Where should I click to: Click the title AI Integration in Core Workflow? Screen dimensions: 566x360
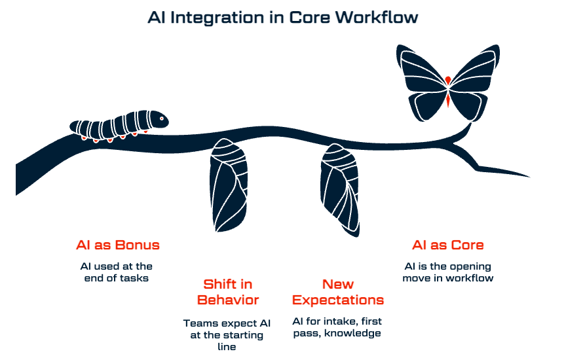(282, 18)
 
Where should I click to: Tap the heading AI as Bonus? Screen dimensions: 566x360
(118, 245)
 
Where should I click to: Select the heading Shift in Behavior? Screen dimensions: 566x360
(228, 293)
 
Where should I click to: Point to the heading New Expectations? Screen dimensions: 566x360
(338, 293)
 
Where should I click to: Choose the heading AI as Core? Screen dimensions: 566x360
(448, 245)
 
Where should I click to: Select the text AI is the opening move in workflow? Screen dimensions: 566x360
(448, 272)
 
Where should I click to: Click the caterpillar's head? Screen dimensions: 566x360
(160, 119)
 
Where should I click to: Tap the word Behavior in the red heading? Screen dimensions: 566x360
(228, 300)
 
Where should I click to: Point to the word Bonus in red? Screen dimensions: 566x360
(138, 245)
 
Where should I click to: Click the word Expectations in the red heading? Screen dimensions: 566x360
(338, 300)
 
